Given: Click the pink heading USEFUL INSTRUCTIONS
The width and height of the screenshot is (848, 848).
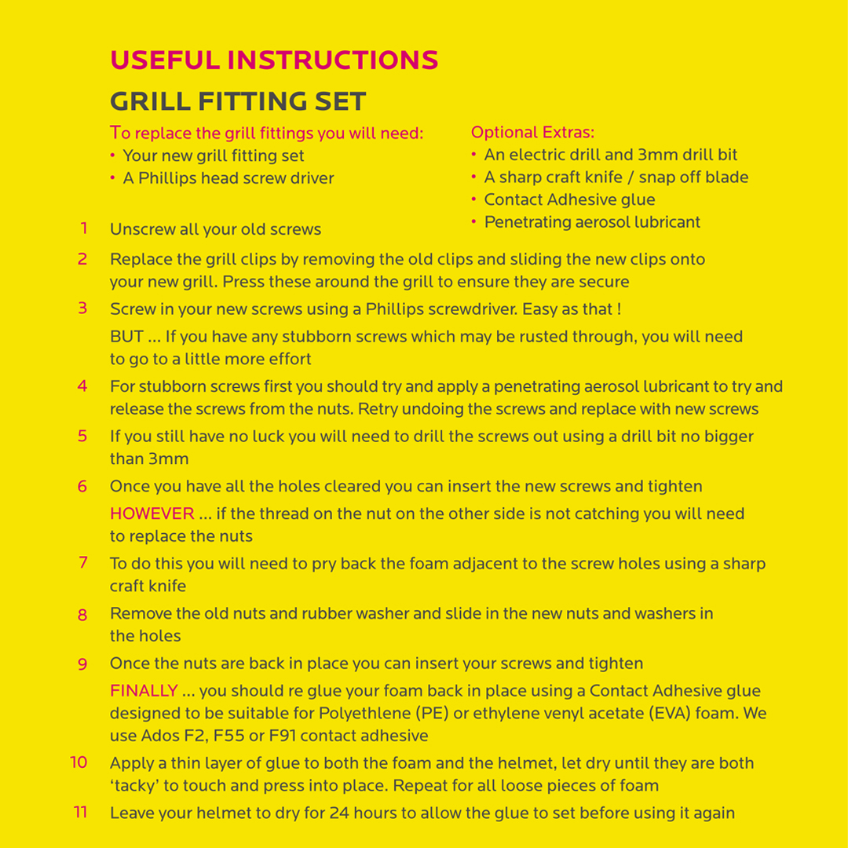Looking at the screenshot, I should click(x=274, y=60).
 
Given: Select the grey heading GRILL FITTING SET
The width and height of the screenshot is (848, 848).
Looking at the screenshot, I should click(x=238, y=101).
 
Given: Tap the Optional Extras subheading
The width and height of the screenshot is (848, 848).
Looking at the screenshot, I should click(x=532, y=132).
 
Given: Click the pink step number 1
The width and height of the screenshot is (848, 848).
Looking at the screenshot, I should click(x=83, y=228).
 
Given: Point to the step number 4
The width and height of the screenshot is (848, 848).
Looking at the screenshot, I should click(x=82, y=386).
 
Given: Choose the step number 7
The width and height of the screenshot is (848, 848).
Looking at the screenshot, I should click(x=82, y=562).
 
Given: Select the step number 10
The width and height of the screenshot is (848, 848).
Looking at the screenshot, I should click(x=79, y=762).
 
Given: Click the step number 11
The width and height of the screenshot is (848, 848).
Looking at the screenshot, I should click(x=80, y=812).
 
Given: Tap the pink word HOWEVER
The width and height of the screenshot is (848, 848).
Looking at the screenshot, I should click(x=152, y=514).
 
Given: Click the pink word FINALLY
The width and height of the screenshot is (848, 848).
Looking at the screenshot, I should click(x=144, y=691).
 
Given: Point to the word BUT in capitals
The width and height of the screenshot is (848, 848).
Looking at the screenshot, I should click(x=126, y=337).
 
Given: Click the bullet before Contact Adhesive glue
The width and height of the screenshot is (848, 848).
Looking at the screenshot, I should click(x=474, y=200).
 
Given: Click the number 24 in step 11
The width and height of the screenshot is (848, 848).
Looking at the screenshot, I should click(x=338, y=813).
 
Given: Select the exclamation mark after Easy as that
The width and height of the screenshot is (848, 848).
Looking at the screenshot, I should click(x=619, y=309).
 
